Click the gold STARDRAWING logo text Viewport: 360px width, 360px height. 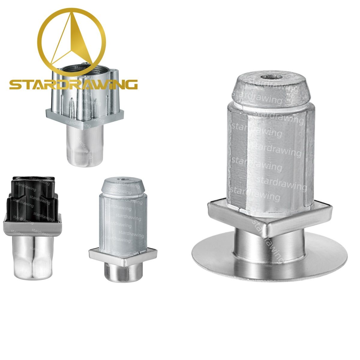pos(73,84)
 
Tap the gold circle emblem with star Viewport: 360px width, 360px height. pos(72,40)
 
